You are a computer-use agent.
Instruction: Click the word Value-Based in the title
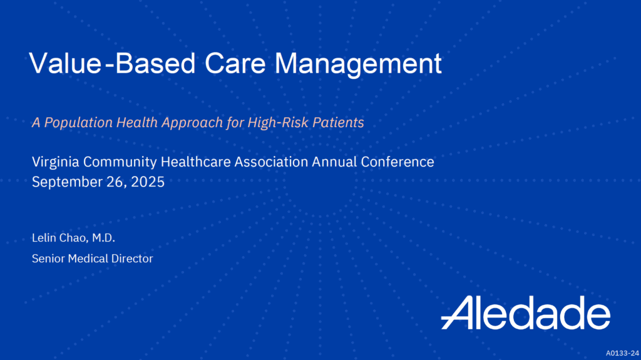click(113, 63)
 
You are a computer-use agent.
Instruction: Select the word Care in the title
click(235, 63)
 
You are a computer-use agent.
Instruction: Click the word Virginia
click(56, 162)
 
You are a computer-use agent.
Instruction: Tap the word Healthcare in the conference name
click(195, 162)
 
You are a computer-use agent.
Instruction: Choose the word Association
click(272, 162)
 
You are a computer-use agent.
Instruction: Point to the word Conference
click(397, 162)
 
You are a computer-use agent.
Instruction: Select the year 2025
click(148, 182)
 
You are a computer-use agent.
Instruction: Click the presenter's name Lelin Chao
click(60, 238)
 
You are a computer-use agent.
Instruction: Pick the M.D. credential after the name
click(103, 238)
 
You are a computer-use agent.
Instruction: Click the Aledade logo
click(526, 312)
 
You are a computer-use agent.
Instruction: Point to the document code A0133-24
click(622, 353)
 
